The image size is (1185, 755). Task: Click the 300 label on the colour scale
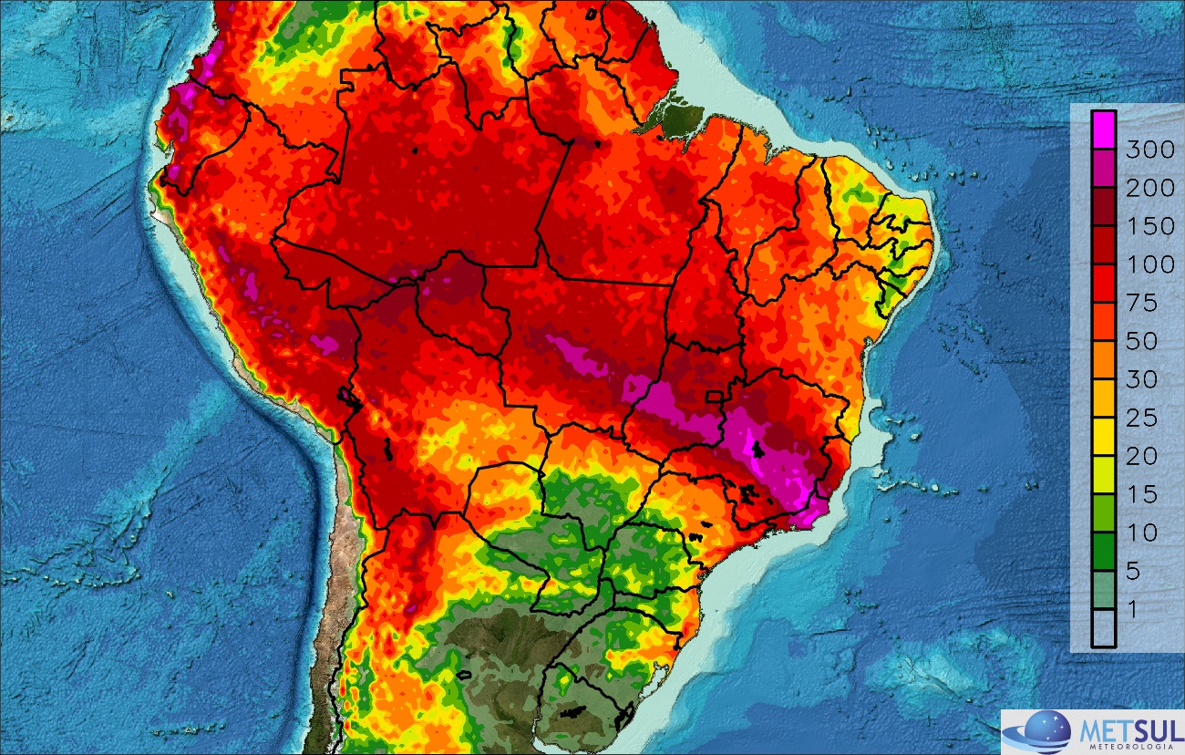pyautogui.click(x=1144, y=150)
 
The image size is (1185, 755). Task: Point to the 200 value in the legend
pyautogui.click(x=1144, y=189)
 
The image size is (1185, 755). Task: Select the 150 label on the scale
pyautogui.click(x=1144, y=227)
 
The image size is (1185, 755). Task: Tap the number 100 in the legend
pyautogui.click(x=1144, y=265)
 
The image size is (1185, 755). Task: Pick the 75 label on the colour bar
pyautogui.click(x=1139, y=304)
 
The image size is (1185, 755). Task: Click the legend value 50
pyautogui.click(x=1139, y=342)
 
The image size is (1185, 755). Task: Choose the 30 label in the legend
pyautogui.click(x=1139, y=380)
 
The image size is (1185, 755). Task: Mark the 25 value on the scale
pyautogui.click(x=1139, y=419)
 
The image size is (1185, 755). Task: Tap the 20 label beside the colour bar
pyautogui.click(x=1139, y=457)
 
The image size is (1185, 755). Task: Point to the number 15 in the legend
pyautogui.click(x=1139, y=495)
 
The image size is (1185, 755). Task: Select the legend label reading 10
pyautogui.click(x=1139, y=533)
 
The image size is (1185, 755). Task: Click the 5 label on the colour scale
pyautogui.click(x=1133, y=572)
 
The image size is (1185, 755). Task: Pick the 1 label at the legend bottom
pyautogui.click(x=1133, y=610)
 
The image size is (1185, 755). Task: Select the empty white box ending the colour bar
pyautogui.click(x=1105, y=627)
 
